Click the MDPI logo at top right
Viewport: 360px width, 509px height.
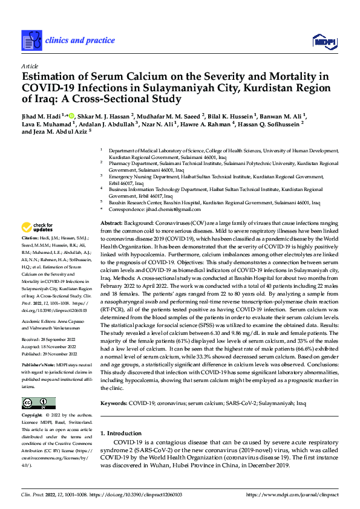tap(324, 41)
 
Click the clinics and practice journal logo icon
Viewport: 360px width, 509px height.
tap(31, 41)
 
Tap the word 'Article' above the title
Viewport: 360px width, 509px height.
tap(30, 65)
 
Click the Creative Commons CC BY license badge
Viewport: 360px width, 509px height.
tap(38, 403)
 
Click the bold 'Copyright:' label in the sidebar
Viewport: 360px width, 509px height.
tap(31, 416)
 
